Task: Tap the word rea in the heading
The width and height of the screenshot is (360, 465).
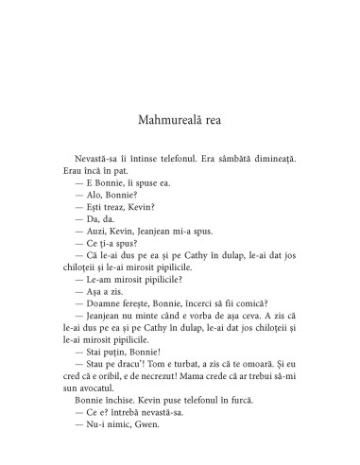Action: click(226, 120)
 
